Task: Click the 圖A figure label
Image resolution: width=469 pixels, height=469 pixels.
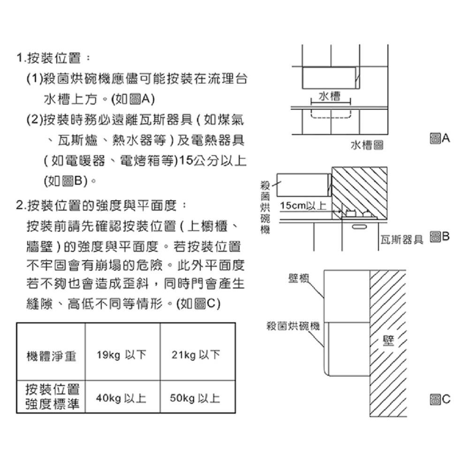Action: click(x=439, y=138)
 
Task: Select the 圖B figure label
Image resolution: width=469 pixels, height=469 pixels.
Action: click(x=439, y=237)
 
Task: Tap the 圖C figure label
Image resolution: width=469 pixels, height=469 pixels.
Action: click(x=439, y=400)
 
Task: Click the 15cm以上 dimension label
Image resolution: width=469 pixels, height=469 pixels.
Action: click(x=303, y=206)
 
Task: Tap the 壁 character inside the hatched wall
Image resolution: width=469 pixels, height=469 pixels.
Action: click(x=387, y=341)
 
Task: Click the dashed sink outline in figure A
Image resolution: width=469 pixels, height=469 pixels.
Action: click(x=331, y=114)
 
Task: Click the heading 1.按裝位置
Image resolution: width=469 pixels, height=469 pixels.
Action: click(x=53, y=58)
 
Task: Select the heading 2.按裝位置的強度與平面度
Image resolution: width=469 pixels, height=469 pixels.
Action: click(x=101, y=205)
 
